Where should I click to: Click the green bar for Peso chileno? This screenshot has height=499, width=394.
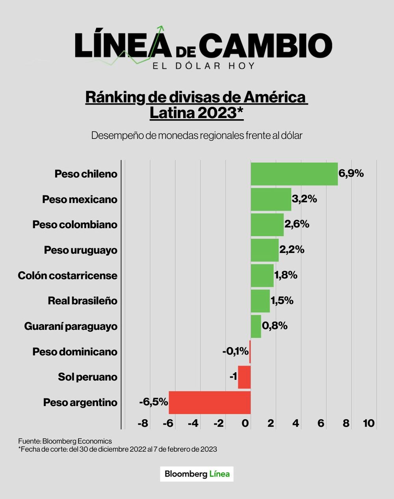pos(294,174)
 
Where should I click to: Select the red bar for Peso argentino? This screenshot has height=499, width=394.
pos(210,402)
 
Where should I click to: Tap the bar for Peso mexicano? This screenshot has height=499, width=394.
pos(271,199)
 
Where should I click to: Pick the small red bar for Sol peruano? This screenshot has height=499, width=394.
pos(244,377)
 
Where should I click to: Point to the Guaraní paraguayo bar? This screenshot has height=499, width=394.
pos(256,326)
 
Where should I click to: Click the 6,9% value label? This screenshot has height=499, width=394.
pos(351,173)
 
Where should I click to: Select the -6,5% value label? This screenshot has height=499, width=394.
pos(154,402)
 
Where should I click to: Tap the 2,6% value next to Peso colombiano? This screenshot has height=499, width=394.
pos(297,224)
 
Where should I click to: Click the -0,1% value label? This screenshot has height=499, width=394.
pos(235,351)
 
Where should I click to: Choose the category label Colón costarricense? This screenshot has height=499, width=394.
pos(67,275)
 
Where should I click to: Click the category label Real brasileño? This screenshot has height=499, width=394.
pos(82,301)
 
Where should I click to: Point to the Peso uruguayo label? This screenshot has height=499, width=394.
pos(80,250)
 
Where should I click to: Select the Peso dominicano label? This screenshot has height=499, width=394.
pos(75,351)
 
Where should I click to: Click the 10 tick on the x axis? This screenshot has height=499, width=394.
pos(368,423)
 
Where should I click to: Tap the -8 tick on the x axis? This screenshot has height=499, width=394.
pos(143,423)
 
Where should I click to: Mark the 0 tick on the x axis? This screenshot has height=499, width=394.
pos(245,423)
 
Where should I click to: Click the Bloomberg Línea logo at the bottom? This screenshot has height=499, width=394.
pos(197,474)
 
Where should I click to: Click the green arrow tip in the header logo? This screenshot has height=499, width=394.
pos(160,28)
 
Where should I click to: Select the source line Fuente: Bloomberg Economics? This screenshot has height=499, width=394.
pos(65,441)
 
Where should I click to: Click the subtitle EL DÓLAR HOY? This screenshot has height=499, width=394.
pos(204,65)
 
